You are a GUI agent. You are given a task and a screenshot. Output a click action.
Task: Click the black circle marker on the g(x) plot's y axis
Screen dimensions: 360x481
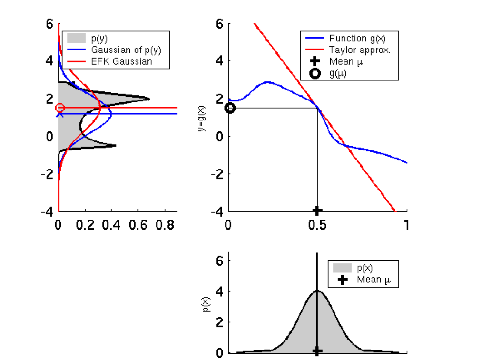point(230,108)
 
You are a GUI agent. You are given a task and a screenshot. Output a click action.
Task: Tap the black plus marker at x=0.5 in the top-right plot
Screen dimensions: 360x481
point(317,210)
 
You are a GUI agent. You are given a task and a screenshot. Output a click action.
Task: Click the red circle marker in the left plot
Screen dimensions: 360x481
point(60,108)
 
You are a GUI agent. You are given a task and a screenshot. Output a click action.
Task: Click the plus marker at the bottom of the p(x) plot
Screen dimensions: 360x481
point(317,351)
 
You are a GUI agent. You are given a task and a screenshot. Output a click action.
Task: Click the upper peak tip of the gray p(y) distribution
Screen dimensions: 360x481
point(149,99)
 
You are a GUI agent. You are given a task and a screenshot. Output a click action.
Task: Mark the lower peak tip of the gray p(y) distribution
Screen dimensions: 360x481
point(116,145)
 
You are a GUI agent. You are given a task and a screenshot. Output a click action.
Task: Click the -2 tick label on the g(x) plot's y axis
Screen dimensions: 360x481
point(216,174)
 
